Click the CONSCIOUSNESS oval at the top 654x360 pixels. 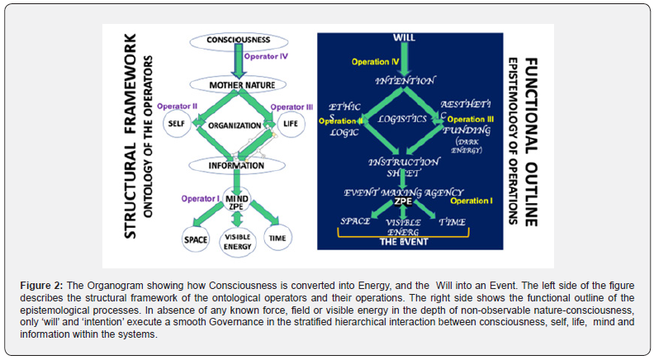[x=238, y=40]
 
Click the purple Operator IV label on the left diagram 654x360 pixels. [x=269, y=56]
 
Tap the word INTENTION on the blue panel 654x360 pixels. [x=405, y=81]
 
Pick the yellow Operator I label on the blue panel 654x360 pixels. [x=471, y=201]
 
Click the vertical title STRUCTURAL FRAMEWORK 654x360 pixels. [x=130, y=136]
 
